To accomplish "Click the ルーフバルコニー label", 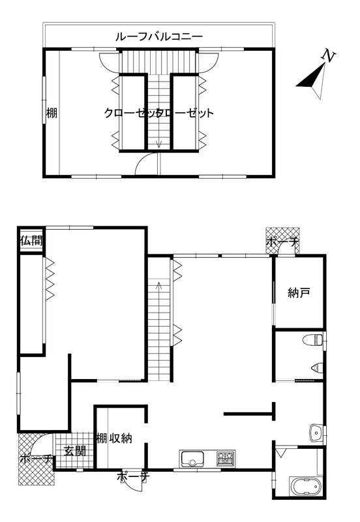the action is [x=159, y=36].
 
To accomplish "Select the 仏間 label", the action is [x=31, y=240].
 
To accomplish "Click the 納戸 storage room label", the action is [x=299, y=292].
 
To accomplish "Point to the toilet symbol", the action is [x=312, y=340].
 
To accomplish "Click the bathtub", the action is [x=305, y=486].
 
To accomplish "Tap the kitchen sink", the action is [x=192, y=459].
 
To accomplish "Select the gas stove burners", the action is [x=226, y=459].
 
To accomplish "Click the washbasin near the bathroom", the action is [x=316, y=433].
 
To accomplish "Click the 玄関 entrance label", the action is [x=75, y=451].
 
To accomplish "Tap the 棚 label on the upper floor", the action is [x=52, y=113].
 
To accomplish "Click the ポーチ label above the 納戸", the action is [x=283, y=242].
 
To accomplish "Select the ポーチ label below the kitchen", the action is [x=133, y=477].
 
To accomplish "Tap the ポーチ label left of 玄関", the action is [x=36, y=459].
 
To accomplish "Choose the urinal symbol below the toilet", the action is [x=317, y=367].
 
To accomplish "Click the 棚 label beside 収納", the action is [x=102, y=438].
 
